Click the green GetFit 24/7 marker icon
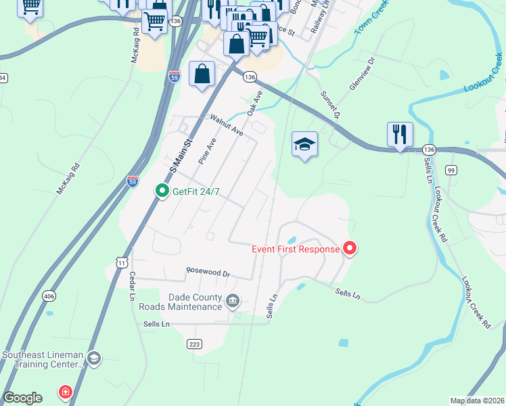pyautogui.click(x=162, y=191)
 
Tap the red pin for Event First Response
pyautogui.click(x=350, y=249)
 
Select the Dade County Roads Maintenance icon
pyautogui.click(x=233, y=300)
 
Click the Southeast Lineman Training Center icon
pyautogui.click(x=94, y=358)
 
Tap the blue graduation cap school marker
pyautogui.click(x=304, y=144)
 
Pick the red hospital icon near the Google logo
pyautogui.click(x=65, y=392)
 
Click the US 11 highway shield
pyautogui.click(x=121, y=261)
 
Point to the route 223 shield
pyautogui.click(x=194, y=344)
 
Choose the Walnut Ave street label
pyautogui.click(x=226, y=126)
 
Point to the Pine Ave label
pyautogui.click(x=206, y=152)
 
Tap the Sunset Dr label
pyautogui.click(x=329, y=104)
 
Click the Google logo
pyautogui.click(x=22, y=398)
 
